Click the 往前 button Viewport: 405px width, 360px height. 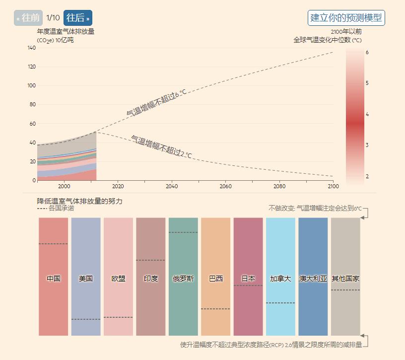28,18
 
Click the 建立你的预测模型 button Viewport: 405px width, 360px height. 346,18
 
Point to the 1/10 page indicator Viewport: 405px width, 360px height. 53,18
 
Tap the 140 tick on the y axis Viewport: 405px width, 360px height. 31,48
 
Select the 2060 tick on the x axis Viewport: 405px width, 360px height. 225,186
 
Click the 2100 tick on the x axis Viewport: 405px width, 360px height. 333,186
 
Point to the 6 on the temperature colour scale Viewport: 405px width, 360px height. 367,52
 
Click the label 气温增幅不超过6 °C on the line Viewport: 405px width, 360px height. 156,103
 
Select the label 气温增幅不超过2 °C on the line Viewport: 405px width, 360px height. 161,147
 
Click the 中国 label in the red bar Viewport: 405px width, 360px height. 54,279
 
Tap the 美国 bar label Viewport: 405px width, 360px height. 86,279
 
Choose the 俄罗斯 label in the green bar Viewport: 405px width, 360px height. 183,279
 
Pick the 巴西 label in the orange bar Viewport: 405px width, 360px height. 216,279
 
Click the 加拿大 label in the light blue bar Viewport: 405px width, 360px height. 280,279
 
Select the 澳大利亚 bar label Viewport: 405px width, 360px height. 313,279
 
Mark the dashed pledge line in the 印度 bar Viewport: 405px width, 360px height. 151,260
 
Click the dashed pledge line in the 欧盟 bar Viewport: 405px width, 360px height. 118,317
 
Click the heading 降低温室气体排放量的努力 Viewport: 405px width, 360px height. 79,201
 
